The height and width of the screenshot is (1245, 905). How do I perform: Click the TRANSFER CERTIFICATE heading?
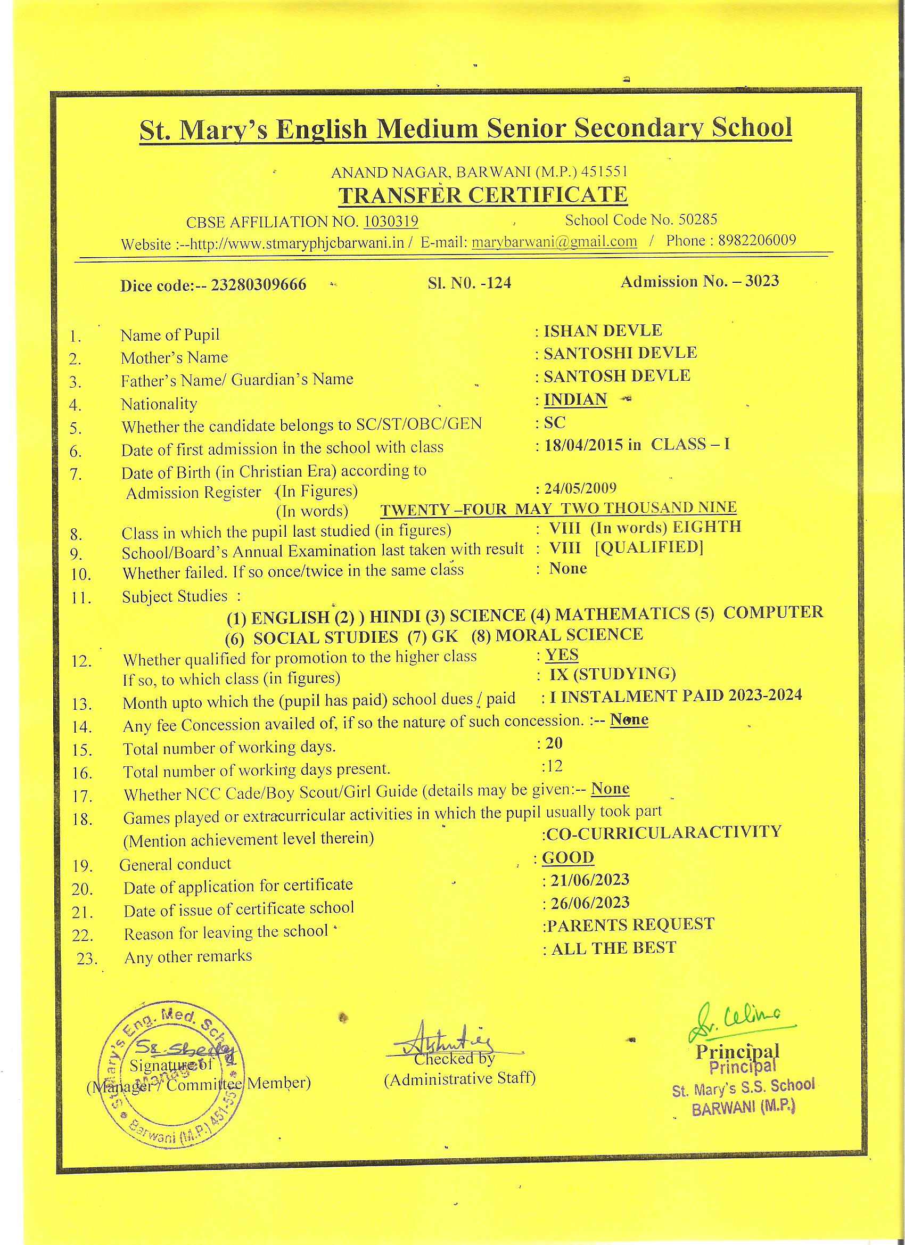point(482,195)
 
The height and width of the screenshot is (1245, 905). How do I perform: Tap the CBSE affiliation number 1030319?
point(391,221)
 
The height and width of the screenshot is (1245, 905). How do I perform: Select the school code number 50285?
point(697,219)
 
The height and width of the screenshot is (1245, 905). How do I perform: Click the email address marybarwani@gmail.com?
point(554,242)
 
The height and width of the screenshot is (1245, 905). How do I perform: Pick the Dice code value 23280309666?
point(259,285)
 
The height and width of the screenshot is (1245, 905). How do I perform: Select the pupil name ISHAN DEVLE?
point(603,331)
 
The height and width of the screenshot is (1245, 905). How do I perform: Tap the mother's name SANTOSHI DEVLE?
point(620,353)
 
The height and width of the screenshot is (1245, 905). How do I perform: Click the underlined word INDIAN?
point(575,399)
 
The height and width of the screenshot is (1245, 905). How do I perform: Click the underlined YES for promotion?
point(562,654)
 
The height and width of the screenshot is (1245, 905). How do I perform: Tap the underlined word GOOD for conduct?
point(568,857)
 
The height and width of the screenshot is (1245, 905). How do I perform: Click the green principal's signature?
point(735,1023)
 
